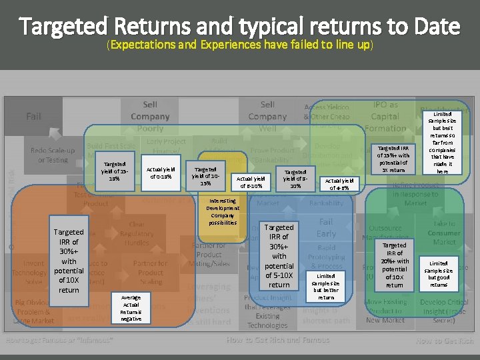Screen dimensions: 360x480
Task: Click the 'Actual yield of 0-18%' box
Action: point(161,173)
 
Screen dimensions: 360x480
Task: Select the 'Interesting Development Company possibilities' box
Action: point(222,211)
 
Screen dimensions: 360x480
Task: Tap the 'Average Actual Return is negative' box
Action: point(131,307)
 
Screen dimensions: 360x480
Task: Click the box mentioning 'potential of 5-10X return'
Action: point(279,256)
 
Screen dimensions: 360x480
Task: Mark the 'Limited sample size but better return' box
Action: point(326,286)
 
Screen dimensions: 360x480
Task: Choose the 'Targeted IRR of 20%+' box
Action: point(394,265)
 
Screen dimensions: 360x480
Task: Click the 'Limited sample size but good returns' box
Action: point(439,273)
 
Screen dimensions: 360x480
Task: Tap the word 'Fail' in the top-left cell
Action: point(33,117)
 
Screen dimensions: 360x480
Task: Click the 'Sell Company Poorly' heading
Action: point(150,116)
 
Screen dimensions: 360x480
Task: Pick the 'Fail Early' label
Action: point(326,228)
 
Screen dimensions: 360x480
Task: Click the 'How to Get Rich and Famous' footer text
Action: point(277,341)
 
